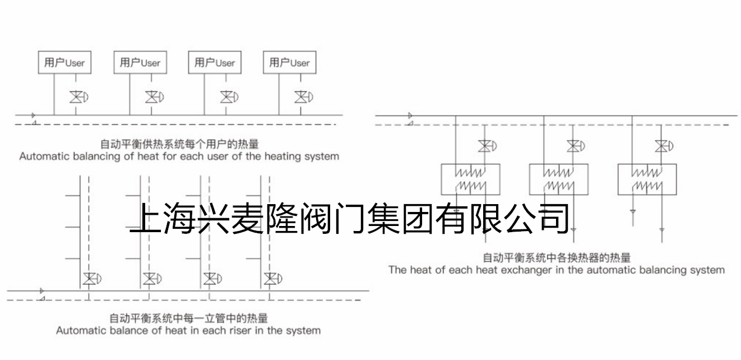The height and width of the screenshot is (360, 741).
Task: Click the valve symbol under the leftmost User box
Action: coord(78,97)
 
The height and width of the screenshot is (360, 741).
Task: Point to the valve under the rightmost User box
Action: coord(304,97)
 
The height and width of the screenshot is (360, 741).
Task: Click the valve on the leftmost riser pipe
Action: coord(92,279)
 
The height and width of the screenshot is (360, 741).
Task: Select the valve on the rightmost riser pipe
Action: coord(272,279)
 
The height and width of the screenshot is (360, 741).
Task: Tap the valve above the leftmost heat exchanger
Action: coord(487,146)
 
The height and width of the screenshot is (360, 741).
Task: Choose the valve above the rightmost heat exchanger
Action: coord(664,146)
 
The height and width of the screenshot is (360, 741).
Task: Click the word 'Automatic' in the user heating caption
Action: coord(44,156)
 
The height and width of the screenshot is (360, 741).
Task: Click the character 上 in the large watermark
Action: coord(145,218)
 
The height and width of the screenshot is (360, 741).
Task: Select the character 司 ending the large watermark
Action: coord(554,218)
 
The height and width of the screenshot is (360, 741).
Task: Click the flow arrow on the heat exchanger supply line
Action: coord(410,116)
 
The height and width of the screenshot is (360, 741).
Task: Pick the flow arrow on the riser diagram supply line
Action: coord(41,291)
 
